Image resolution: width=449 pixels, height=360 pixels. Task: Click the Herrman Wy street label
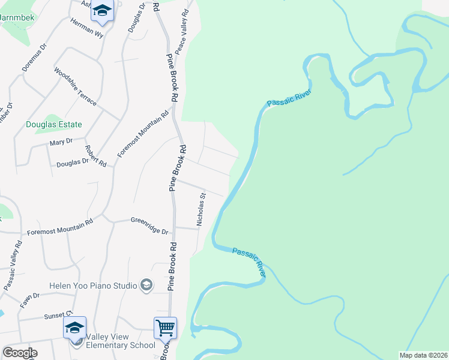point(87,30)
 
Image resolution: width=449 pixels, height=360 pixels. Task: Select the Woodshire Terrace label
point(75,86)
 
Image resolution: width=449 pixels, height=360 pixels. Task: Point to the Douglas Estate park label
point(53,125)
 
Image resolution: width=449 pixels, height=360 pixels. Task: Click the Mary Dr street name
point(61,142)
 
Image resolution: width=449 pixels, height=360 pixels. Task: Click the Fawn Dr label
point(29,296)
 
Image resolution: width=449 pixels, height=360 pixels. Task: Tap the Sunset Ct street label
point(58,315)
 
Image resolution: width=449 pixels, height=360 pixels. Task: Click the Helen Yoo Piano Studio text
point(94,286)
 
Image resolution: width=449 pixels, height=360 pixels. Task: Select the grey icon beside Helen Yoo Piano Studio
point(146,285)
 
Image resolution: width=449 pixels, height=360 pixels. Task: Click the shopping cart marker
point(165,328)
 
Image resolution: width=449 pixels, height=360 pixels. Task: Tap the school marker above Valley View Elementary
point(74,328)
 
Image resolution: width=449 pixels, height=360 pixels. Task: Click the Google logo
point(20,353)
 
